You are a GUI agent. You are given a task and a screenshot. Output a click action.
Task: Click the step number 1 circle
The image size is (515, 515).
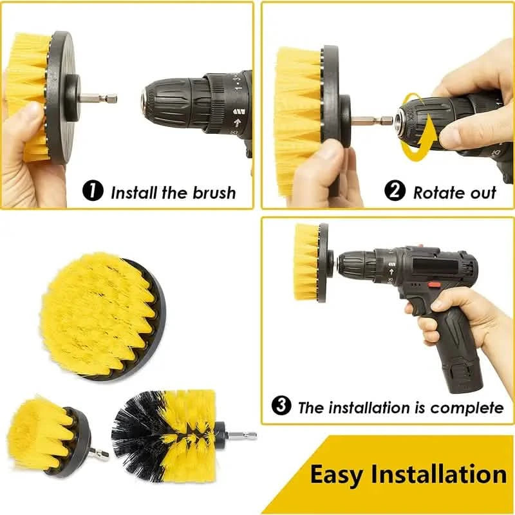click(x=94, y=191)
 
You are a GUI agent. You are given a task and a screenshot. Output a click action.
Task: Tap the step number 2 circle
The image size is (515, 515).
click(x=394, y=191)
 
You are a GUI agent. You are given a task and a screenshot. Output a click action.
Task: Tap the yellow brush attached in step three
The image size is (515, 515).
click(x=307, y=262)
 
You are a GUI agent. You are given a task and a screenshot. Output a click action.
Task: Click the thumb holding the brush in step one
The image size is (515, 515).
click(x=26, y=122)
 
